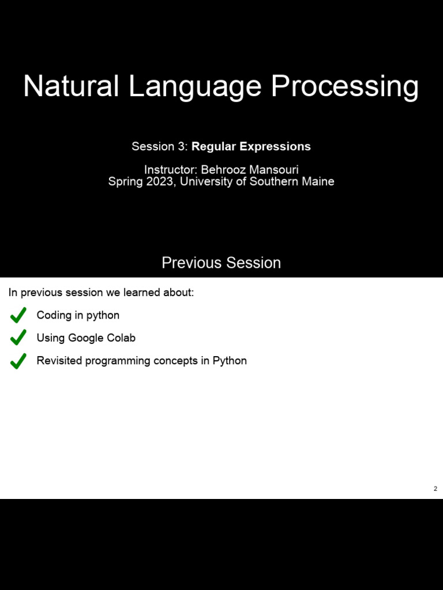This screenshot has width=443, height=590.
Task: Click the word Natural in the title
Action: click(71, 86)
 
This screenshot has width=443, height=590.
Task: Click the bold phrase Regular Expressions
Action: click(251, 146)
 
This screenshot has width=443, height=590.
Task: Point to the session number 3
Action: click(182, 146)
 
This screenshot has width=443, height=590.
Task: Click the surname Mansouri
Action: click(273, 170)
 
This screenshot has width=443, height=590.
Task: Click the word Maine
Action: click(317, 181)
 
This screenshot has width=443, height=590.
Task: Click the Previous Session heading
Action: click(221, 263)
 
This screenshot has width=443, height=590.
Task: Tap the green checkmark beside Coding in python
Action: click(18, 315)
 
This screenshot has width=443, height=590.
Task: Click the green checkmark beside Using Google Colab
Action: click(18, 338)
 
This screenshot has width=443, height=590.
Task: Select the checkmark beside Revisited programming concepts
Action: click(18, 361)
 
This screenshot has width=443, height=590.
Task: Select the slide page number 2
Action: click(436, 489)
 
